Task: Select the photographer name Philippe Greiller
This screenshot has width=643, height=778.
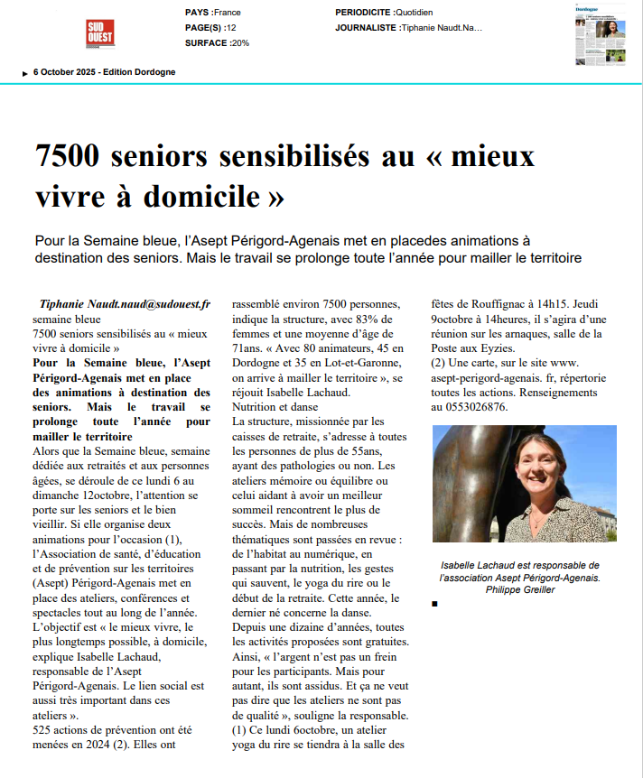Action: coord(520,589)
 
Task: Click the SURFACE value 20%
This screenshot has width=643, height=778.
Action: coord(240,42)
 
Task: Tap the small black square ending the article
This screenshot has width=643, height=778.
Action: coord(434,604)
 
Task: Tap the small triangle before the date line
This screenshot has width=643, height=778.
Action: coord(24,73)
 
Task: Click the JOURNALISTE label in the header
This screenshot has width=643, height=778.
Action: coord(366,28)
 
